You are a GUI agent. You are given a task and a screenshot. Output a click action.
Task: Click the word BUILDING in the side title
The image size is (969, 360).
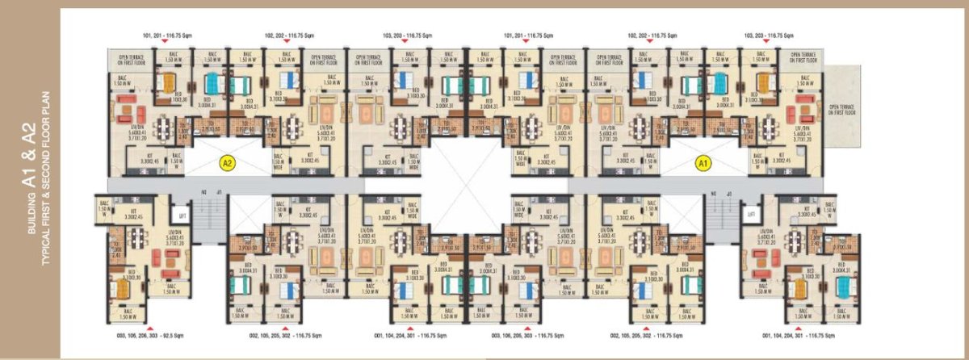click(x=33, y=214)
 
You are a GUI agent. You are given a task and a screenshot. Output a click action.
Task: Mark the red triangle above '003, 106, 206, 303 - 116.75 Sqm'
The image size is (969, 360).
click(x=526, y=324)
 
